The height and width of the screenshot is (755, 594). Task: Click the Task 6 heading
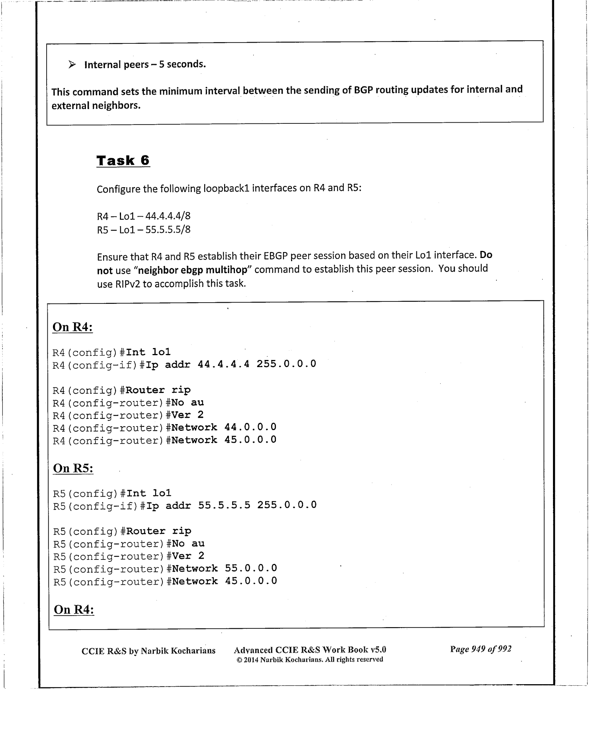(x=123, y=160)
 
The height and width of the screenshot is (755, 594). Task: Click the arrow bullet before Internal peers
(x=72, y=64)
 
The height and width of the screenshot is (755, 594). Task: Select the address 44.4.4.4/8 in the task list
(x=168, y=216)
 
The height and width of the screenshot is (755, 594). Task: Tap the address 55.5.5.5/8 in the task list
(x=168, y=229)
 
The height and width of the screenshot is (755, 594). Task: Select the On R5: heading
(x=73, y=468)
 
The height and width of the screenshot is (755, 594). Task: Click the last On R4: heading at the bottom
(x=74, y=609)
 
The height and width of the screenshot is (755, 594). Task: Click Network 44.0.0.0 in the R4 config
(x=221, y=427)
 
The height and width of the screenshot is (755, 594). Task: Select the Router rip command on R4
(x=158, y=390)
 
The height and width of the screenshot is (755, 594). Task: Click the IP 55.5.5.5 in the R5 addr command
(x=224, y=505)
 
